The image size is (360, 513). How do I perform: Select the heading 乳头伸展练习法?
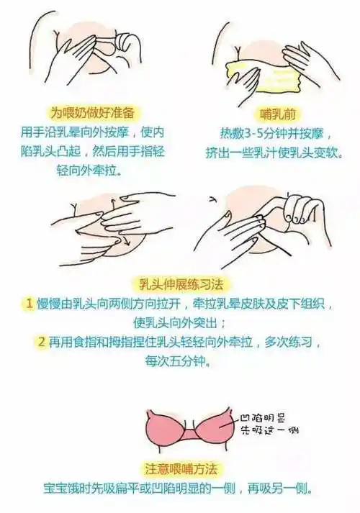point(179,284)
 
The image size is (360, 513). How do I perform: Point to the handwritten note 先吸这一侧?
point(270,431)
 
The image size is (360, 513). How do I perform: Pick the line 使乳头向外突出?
point(180,322)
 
